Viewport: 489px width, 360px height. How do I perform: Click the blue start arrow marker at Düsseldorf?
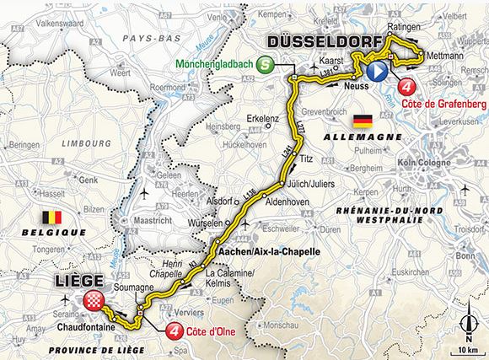377,71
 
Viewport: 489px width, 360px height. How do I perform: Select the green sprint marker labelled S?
266,63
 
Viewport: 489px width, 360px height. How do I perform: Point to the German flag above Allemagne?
363,121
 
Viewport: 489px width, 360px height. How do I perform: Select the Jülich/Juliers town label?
310,183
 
